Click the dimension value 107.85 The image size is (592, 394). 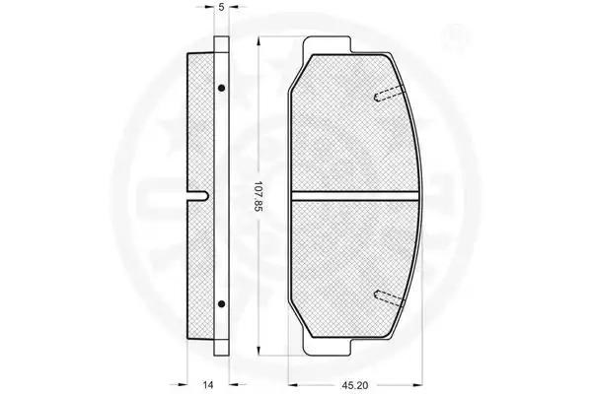click(x=259, y=196)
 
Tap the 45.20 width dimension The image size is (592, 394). click(x=354, y=385)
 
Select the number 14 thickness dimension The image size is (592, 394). click(x=208, y=385)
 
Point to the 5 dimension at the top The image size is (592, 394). click(x=221, y=7)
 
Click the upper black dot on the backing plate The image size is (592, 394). click(x=222, y=88)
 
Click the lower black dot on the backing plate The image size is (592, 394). click(x=222, y=303)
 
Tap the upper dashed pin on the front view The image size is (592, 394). click(x=389, y=94)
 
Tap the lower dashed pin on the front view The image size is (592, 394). click(x=389, y=297)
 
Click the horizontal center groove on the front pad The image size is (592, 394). click(x=355, y=196)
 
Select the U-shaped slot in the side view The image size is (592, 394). click(x=198, y=196)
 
